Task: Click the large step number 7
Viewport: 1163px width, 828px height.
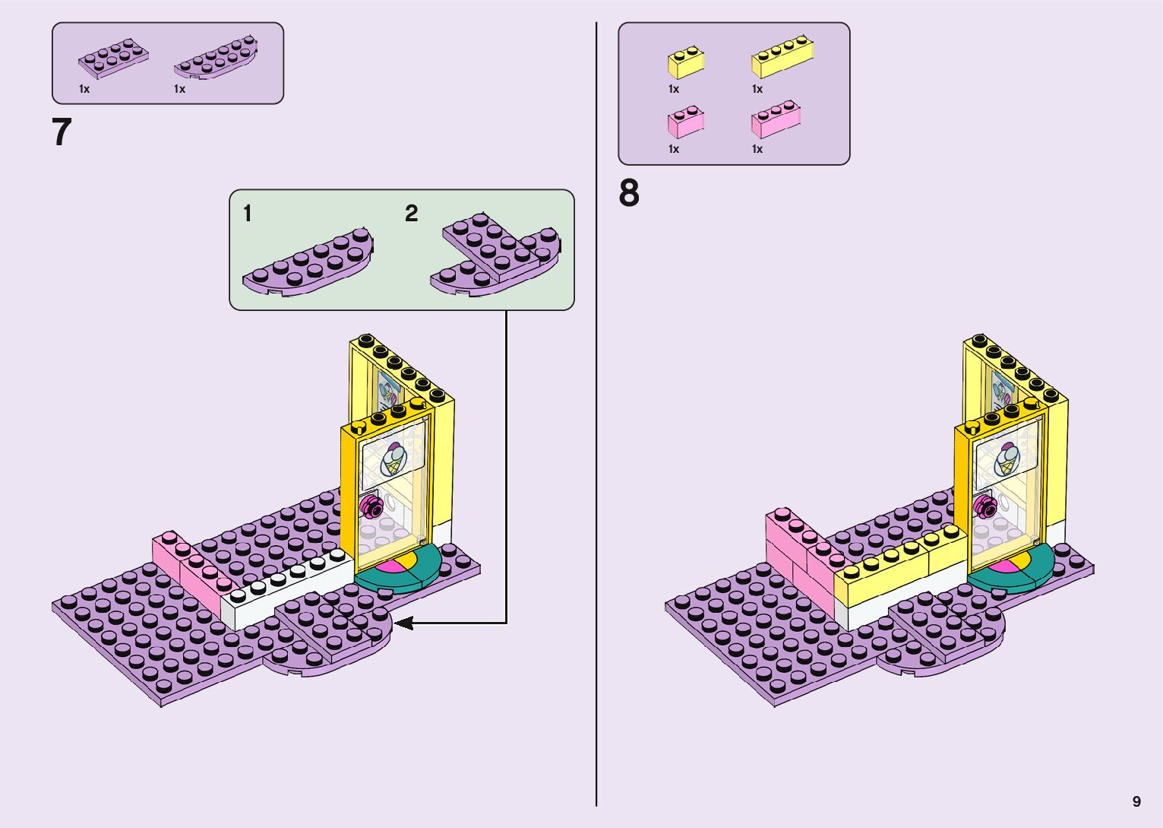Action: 62,132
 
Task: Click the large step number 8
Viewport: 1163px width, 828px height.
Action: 629,193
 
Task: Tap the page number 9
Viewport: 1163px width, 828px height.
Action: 1136,801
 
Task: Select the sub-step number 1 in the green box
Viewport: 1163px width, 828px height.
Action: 247,214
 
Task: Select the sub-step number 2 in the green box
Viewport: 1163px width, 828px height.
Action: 411,214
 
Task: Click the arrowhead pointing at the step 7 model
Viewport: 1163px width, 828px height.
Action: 403,623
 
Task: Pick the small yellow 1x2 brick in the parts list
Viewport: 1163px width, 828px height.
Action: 685,63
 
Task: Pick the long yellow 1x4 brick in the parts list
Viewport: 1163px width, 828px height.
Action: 782,58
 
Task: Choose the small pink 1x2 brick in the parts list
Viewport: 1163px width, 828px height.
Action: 685,122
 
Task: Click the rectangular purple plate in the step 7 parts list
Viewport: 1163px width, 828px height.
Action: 113,59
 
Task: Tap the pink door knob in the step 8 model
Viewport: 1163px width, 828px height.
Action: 985,503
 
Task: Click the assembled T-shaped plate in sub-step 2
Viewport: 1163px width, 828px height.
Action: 498,255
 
